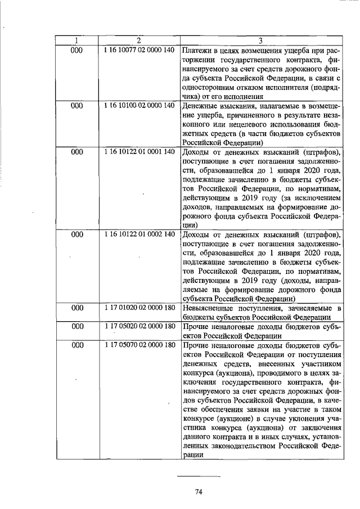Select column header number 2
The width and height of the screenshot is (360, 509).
(x=138, y=40)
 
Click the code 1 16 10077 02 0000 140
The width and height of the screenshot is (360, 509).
(x=139, y=50)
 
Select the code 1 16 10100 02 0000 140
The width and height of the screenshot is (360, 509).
(x=139, y=105)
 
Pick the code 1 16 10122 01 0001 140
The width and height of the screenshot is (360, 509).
(x=139, y=152)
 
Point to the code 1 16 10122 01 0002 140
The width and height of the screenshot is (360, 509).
(x=139, y=234)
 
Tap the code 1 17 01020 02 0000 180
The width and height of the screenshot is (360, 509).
(x=139, y=308)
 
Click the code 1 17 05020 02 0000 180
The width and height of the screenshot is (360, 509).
(x=139, y=326)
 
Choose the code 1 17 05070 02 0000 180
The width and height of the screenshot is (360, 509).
(x=139, y=345)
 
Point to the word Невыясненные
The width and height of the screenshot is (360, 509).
(x=211, y=308)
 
